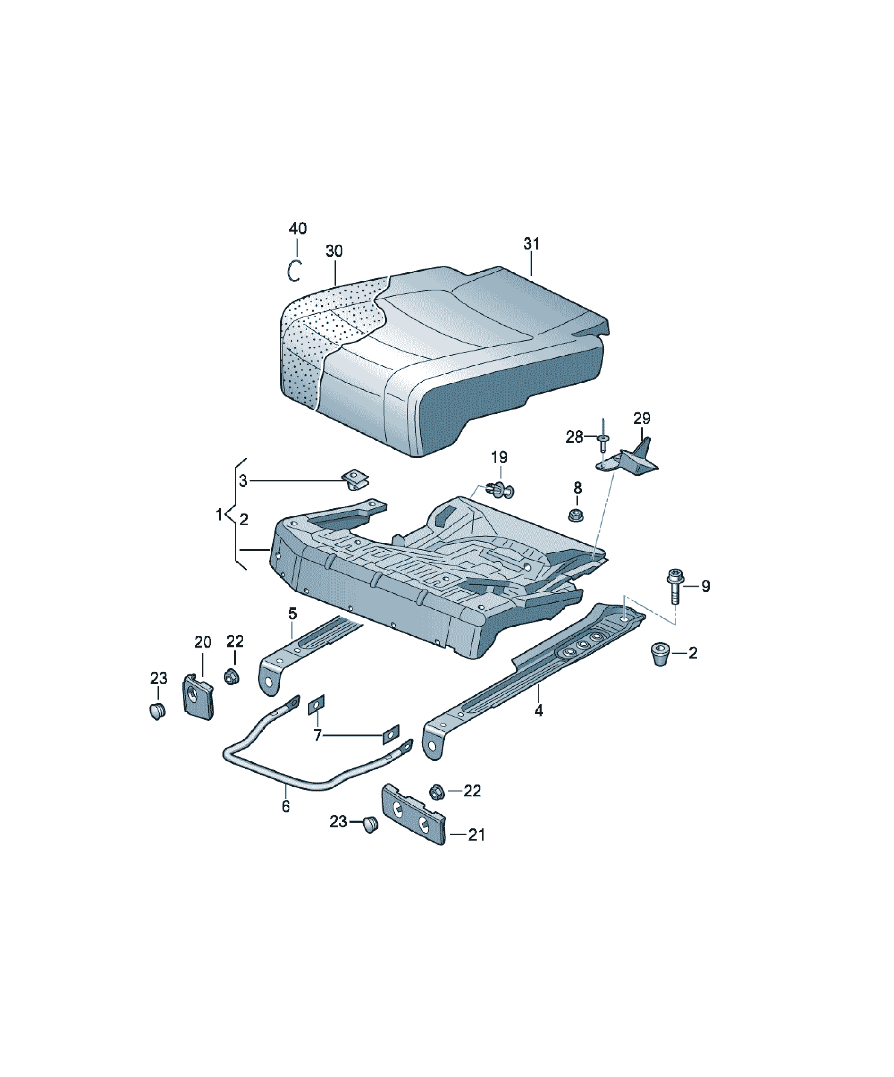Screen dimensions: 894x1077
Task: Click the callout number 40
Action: [x=298, y=228]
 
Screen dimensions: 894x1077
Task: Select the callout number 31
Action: [x=531, y=244]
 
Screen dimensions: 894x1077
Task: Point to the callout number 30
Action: [x=334, y=251]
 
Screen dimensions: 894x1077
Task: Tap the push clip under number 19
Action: [x=499, y=490]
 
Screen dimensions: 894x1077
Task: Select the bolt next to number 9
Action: [x=676, y=587]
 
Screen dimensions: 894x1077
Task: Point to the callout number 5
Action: [x=292, y=613]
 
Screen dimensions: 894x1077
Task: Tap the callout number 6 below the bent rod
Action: [x=285, y=807]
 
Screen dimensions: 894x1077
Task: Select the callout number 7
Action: [x=318, y=735]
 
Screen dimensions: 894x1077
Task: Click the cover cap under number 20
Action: [x=198, y=696]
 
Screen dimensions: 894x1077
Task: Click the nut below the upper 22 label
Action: [x=232, y=676]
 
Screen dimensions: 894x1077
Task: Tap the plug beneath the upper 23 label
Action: [x=158, y=712]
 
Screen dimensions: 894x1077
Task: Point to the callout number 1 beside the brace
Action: [x=219, y=514]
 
